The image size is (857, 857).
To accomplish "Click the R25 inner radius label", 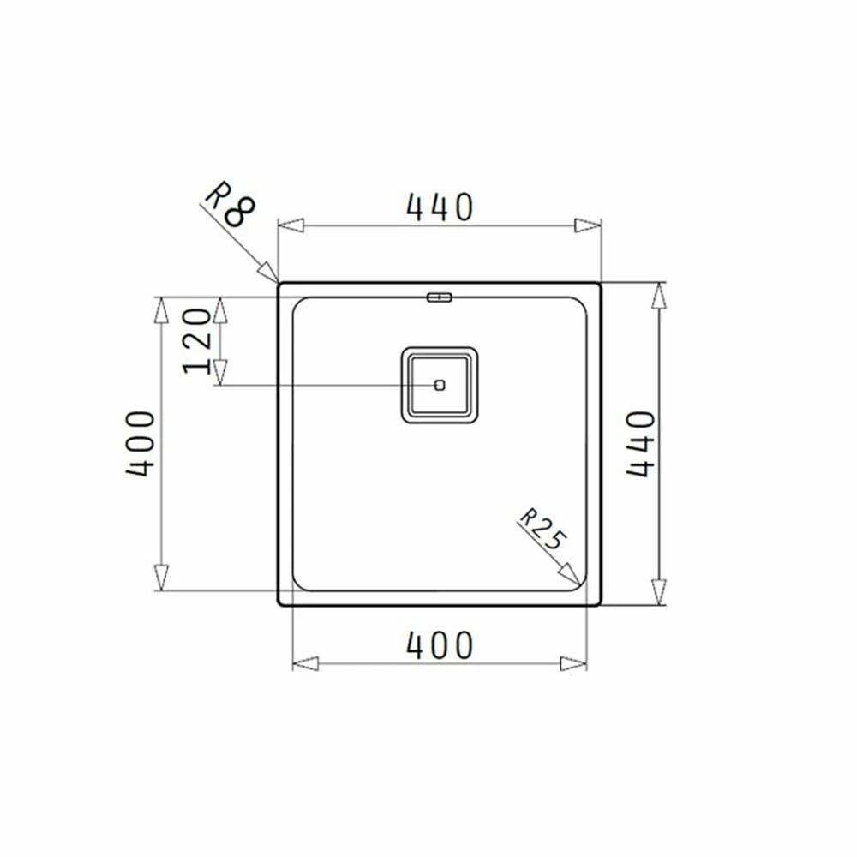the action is (541, 529).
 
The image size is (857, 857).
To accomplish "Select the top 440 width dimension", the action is (440, 207).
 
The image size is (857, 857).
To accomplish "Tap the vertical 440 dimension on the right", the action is (640, 443).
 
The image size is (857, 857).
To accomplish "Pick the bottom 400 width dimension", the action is (440, 645).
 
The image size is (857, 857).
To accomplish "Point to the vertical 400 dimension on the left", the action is (141, 443).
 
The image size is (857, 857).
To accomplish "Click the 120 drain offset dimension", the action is (197, 342).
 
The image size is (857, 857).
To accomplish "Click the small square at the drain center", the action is (440, 385).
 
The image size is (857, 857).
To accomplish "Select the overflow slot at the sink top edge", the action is (440, 297).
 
